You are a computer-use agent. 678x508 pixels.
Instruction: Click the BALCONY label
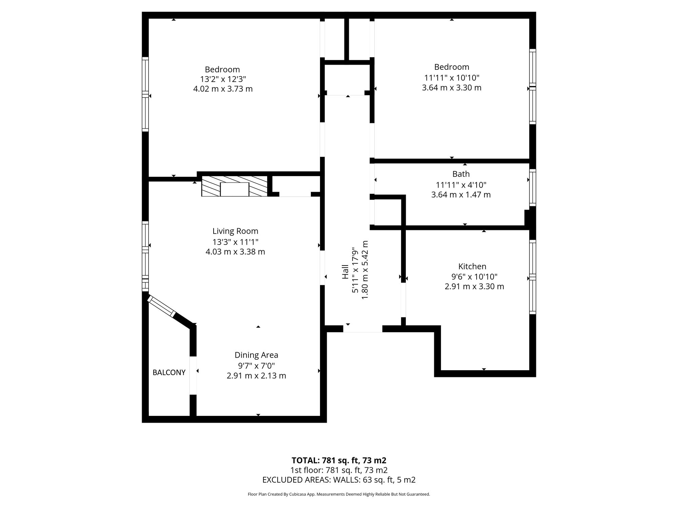coord(169,373)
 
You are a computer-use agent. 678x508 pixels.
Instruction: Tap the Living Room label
coord(235,231)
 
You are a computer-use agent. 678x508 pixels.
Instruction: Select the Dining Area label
coord(256,355)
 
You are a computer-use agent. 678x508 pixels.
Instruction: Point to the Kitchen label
coord(472,266)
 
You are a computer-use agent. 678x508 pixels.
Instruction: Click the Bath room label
coord(461,174)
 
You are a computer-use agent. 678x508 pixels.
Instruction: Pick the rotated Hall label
coord(345,272)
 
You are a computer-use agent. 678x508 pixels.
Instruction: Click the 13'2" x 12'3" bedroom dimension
coord(223,79)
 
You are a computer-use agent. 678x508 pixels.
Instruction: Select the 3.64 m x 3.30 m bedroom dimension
coord(452,88)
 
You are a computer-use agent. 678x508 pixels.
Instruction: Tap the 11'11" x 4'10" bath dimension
coord(461,185)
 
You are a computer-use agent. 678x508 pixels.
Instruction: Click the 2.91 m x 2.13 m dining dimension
coord(256,376)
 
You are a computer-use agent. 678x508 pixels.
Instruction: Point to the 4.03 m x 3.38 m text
coord(235,252)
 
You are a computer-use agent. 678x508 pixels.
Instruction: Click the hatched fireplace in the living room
coord(235,186)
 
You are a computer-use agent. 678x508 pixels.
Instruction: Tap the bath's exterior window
coord(533,188)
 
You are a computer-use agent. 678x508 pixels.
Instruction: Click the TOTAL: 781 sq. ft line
coord(339,461)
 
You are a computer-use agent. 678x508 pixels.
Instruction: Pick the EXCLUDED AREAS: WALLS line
coord(339,480)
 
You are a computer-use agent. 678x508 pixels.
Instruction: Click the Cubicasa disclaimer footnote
coord(339,494)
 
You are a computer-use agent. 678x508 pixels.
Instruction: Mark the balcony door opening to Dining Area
coord(193,376)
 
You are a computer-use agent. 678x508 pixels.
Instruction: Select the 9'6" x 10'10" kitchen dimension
coord(474,277)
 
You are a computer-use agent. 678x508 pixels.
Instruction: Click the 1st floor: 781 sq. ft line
coord(339,470)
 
